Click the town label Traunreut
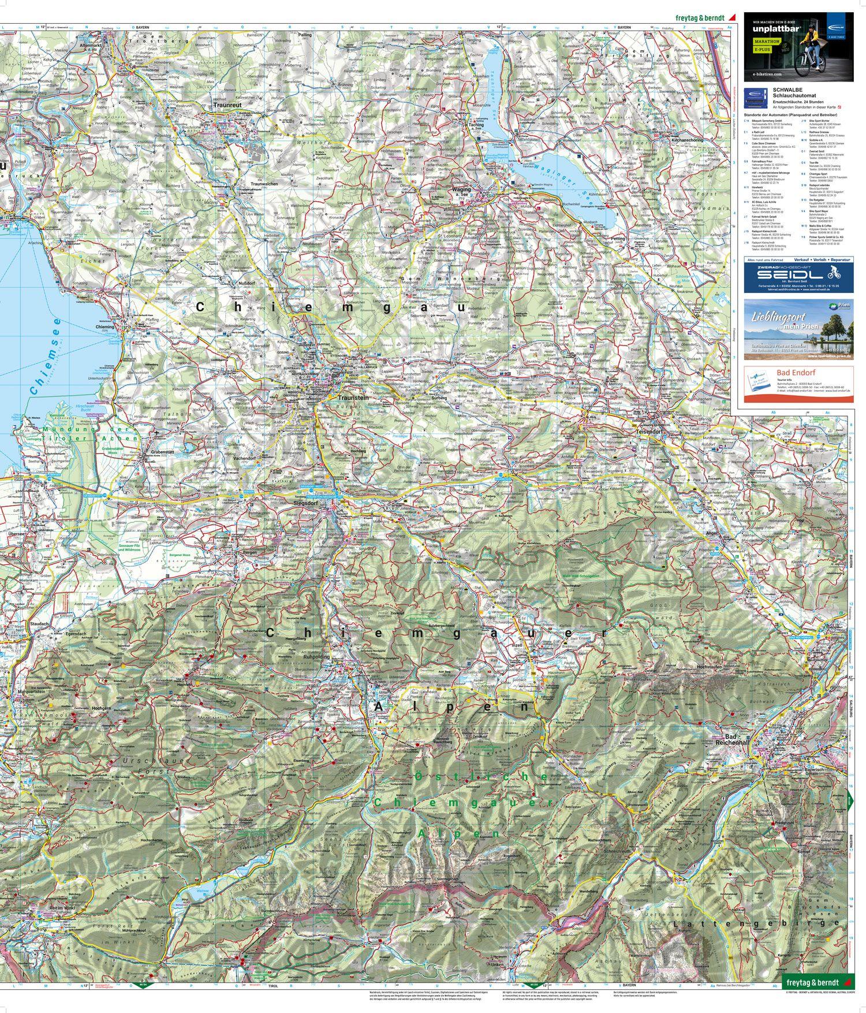tap(225, 106)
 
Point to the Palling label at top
tap(305, 35)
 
